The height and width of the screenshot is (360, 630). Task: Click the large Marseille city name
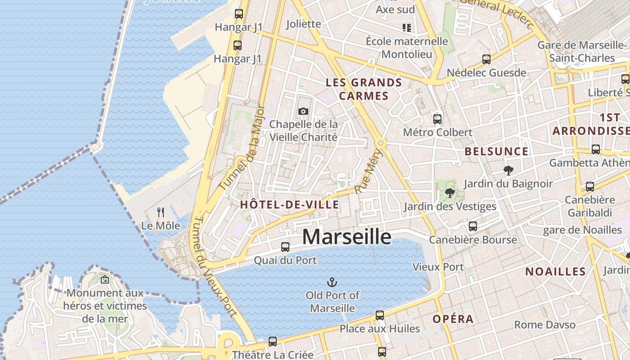pyautogui.click(x=346, y=237)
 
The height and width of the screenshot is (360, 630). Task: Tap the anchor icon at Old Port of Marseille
pyautogui.click(x=332, y=283)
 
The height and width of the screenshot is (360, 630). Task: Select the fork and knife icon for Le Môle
pyautogui.click(x=161, y=212)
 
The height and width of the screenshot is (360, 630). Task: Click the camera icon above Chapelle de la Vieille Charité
pyautogui.click(x=303, y=111)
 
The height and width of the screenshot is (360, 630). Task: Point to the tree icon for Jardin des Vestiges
pyautogui.click(x=449, y=193)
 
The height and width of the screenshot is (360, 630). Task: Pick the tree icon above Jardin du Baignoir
pyautogui.click(x=508, y=171)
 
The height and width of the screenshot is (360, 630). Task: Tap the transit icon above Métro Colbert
pyautogui.click(x=437, y=119)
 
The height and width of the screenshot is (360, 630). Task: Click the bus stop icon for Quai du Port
pyautogui.click(x=285, y=247)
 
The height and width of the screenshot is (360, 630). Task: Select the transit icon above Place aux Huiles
pyautogui.click(x=380, y=315)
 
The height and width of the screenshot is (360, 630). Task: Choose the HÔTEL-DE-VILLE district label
pyautogui.click(x=290, y=205)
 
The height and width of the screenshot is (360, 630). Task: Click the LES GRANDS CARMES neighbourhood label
pyautogui.click(x=364, y=89)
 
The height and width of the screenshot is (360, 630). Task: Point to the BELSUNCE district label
pyautogui.click(x=496, y=152)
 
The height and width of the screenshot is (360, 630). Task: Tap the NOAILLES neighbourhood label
pyautogui.click(x=555, y=271)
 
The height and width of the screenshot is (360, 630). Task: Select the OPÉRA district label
pyautogui.click(x=453, y=319)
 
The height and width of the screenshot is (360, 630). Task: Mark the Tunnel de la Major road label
pyautogui.click(x=242, y=147)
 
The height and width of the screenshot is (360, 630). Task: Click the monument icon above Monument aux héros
pyautogui.click(x=105, y=279)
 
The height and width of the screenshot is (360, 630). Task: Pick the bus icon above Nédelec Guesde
pyautogui.click(x=486, y=59)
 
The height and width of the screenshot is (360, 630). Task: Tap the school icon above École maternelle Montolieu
pyautogui.click(x=407, y=28)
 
